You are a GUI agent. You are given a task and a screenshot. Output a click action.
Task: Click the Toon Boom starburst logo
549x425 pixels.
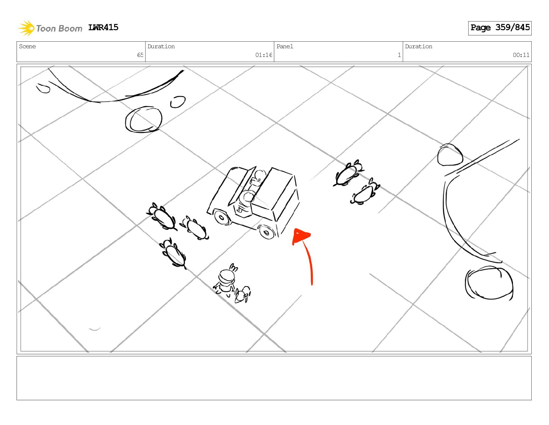[26, 28]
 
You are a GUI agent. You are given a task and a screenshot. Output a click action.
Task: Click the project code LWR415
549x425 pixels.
[103, 27]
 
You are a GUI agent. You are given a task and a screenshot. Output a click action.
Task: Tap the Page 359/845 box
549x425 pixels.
[499, 28]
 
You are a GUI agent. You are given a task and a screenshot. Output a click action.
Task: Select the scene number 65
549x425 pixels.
[140, 55]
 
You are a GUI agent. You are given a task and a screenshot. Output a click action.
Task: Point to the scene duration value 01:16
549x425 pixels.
[263, 55]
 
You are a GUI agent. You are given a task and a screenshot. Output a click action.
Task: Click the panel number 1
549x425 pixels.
[399, 55]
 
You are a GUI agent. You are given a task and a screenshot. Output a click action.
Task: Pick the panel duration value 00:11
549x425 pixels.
[521, 55]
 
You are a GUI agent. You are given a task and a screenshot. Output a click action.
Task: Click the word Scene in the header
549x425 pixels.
[27, 46]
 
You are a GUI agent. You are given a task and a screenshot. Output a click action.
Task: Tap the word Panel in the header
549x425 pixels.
[285, 46]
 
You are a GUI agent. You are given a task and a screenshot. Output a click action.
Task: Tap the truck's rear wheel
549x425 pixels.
[221, 217]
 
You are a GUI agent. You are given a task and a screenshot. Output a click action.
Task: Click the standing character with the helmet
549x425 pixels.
[225, 280]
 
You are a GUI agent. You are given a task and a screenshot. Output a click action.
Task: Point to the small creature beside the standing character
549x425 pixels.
[243, 294]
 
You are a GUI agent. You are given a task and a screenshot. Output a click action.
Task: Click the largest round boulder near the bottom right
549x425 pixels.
[489, 283]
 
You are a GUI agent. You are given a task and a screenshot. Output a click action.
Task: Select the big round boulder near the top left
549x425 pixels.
[143, 119]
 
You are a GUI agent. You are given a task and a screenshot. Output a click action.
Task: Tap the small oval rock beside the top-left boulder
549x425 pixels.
[178, 102]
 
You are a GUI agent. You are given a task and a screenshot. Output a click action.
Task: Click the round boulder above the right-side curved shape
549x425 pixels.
[450, 155]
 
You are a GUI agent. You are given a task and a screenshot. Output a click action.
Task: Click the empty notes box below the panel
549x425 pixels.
[274, 378]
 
